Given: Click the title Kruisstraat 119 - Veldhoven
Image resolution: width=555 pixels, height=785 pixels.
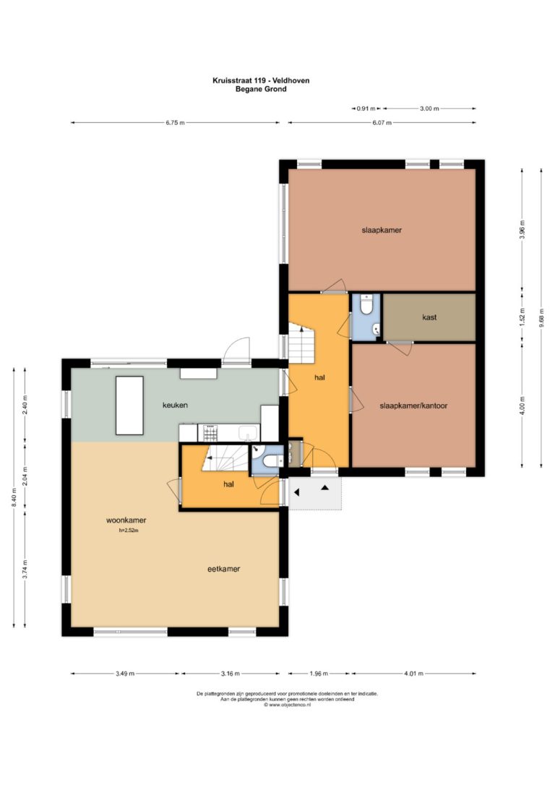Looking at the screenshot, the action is [261, 80].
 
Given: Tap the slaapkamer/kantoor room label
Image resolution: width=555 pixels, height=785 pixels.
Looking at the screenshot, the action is [413, 406].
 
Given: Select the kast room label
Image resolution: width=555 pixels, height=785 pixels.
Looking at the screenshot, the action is [429, 317].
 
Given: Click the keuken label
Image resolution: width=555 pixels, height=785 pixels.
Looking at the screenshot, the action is [175, 405].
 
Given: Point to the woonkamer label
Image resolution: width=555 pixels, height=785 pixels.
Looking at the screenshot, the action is [126, 520].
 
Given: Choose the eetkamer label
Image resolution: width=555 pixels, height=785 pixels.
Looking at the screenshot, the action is [224, 569].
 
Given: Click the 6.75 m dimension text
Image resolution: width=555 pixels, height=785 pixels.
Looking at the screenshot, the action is [175, 123].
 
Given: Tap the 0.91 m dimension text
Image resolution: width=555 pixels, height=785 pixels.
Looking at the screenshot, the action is [366, 108].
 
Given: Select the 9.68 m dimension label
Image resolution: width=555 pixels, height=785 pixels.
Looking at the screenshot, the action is [541, 318].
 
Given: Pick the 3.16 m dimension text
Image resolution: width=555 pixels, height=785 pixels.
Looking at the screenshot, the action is [231, 674].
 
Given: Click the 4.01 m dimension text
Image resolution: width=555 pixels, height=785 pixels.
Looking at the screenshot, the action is [414, 674].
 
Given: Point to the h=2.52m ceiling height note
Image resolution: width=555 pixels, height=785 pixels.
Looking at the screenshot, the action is [129, 530].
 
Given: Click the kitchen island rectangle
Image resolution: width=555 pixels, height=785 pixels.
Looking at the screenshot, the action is [129, 406].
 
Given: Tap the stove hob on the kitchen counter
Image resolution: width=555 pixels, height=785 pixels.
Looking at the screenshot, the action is [210, 432].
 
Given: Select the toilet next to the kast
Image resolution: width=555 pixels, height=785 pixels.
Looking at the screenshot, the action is [367, 305].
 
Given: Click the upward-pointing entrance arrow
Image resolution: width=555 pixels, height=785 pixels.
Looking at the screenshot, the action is [324, 486].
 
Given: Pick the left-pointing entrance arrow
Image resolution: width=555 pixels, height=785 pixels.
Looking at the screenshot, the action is [296, 493].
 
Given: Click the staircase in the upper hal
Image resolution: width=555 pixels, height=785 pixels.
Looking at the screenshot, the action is [301, 344].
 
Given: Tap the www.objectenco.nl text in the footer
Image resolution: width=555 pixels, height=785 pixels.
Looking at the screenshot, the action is [290, 705].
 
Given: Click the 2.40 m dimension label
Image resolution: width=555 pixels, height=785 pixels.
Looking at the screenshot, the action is [25, 405].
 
